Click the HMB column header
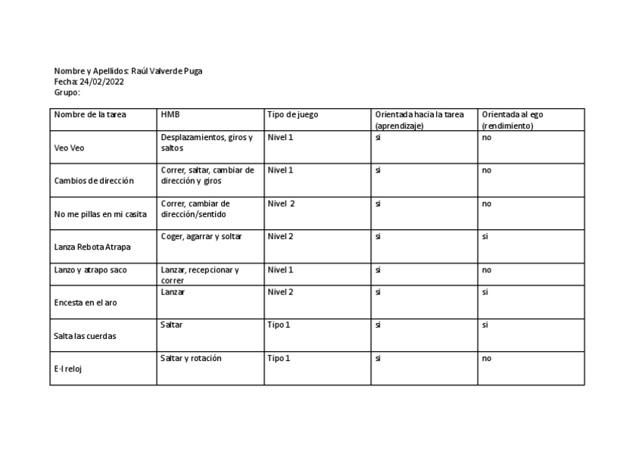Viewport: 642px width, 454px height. pyautogui.click(x=170, y=115)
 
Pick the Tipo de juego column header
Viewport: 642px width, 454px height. pyautogui.click(x=292, y=115)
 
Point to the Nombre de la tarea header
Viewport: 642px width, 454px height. pyautogui.click(x=90, y=115)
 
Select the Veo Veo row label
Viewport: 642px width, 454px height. pyautogui.click(x=70, y=148)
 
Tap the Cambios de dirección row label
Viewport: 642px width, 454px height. pyautogui.click(x=94, y=181)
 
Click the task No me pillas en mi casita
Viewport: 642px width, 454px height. pyautogui.click(x=101, y=214)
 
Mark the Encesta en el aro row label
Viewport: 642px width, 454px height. pyautogui.click(x=86, y=302)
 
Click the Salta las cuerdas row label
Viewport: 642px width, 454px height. pyautogui.click(x=86, y=336)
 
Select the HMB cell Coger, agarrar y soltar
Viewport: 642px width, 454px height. pyautogui.click(x=201, y=236)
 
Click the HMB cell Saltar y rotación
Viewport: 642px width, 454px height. pyautogui.click(x=191, y=358)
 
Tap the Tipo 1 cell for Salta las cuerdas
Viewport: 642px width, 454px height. pyautogui.click(x=279, y=325)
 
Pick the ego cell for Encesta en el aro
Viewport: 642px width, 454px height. pyautogui.click(x=485, y=291)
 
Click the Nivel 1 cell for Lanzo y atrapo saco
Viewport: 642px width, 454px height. pyautogui.click(x=280, y=269)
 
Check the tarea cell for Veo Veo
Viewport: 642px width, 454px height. pyautogui.click(x=378, y=137)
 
